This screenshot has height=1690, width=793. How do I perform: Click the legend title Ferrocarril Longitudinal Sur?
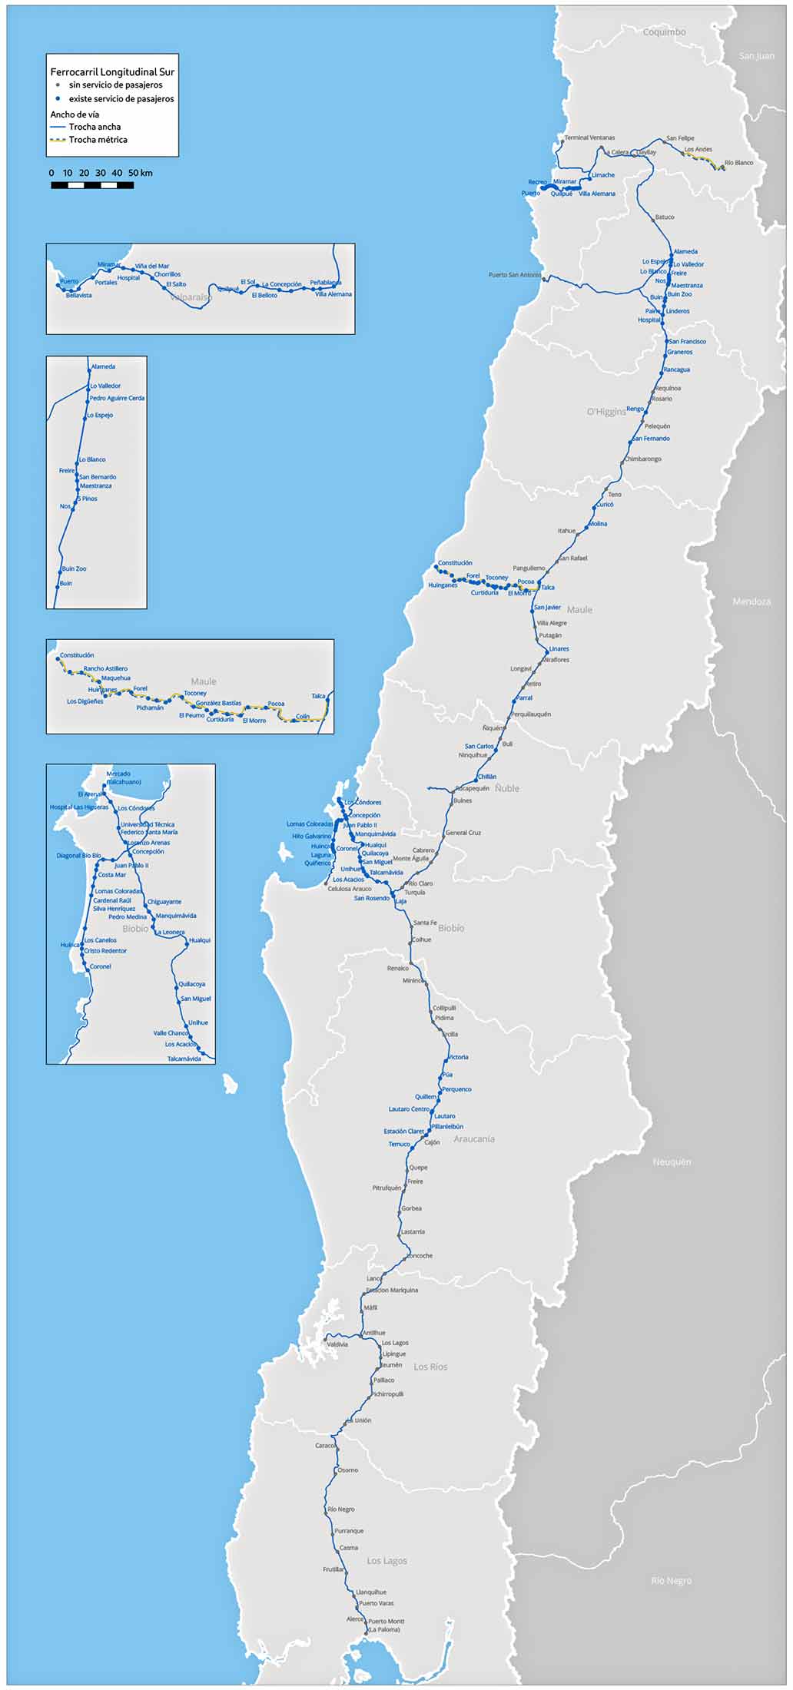(112, 71)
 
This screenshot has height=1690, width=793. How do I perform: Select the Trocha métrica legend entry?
(98, 140)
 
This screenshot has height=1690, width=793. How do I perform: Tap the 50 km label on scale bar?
(140, 173)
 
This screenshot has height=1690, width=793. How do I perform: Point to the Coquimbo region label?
(664, 32)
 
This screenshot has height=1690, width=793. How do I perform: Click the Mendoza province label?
(752, 601)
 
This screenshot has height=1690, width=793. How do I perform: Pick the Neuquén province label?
(672, 1162)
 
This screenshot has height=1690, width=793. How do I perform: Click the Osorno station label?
(347, 1470)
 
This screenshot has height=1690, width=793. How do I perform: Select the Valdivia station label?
(337, 1344)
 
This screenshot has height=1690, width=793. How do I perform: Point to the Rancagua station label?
(677, 369)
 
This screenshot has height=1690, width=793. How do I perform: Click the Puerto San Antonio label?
(514, 274)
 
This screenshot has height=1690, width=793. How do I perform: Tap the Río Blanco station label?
(738, 163)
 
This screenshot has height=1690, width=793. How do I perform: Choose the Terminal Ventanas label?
(589, 138)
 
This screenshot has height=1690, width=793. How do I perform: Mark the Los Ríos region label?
(430, 1367)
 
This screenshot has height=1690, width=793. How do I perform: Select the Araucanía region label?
(474, 1139)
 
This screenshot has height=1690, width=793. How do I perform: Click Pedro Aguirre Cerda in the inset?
(117, 398)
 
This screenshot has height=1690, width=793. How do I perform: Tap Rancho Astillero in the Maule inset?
(105, 668)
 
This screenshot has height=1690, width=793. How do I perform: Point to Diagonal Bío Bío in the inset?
(78, 855)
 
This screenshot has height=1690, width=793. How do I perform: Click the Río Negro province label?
(671, 1580)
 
